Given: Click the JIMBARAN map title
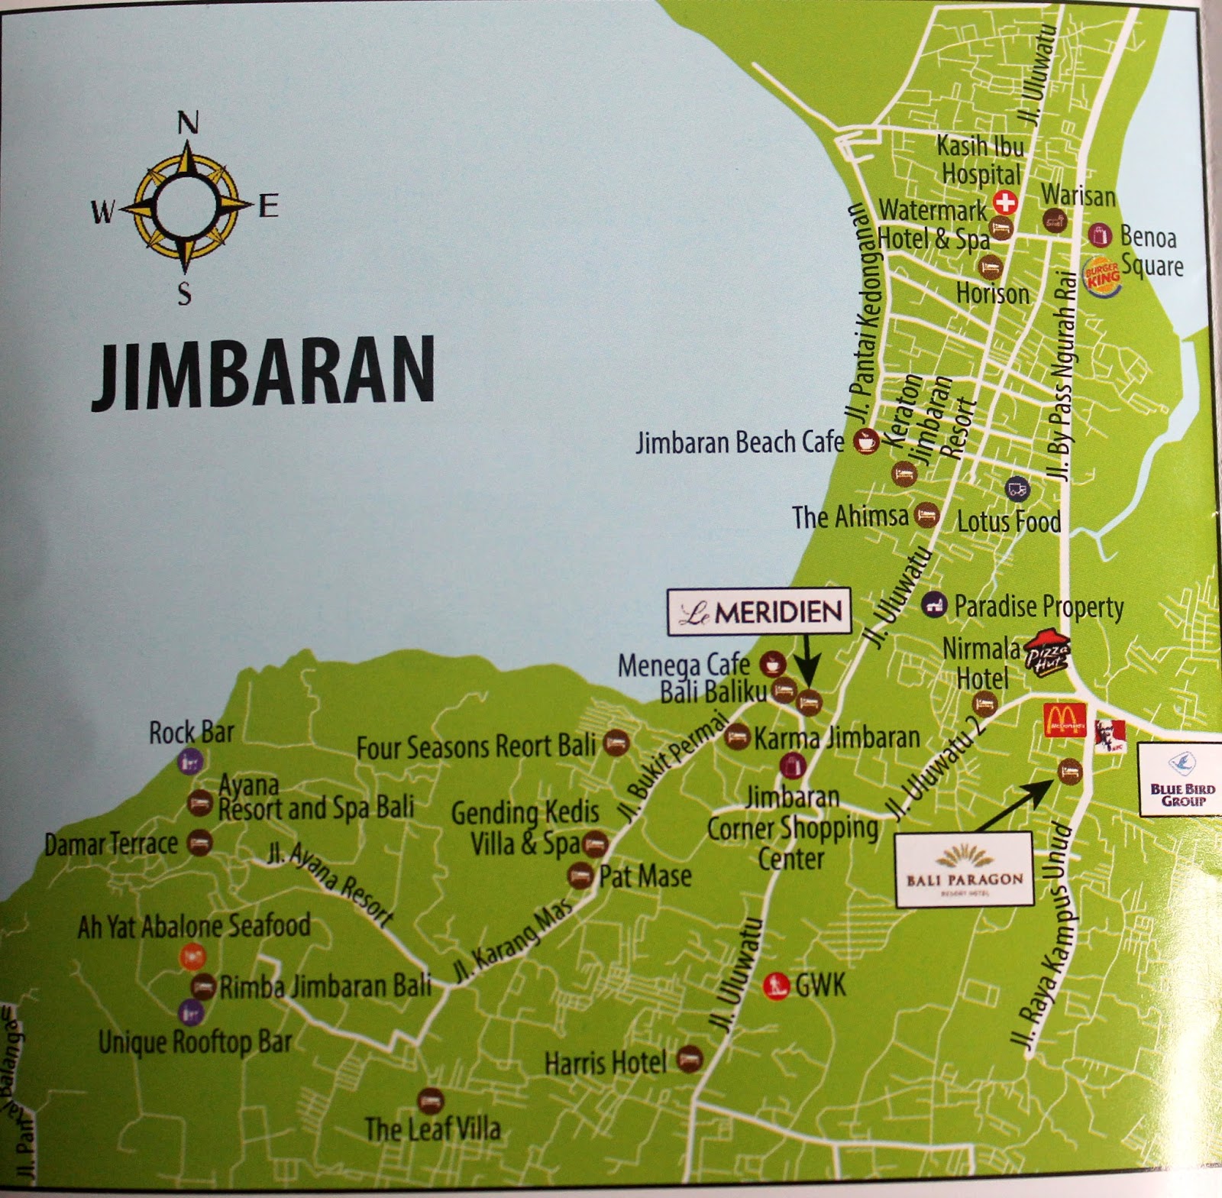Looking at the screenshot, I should [263, 372].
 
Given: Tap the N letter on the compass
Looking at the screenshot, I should [187, 122].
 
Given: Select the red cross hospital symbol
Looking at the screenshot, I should [1005, 202].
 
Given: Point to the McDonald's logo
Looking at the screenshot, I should [1065, 720].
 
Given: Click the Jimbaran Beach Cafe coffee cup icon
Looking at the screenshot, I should [866, 441].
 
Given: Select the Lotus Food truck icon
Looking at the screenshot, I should [1017, 490].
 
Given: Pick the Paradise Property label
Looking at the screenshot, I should [1039, 607].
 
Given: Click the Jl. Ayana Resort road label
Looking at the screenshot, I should [331, 885].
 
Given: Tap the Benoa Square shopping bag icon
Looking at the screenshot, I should [1099, 235].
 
